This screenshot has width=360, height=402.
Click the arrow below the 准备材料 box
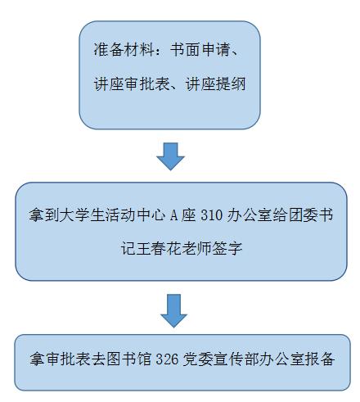point(170,156)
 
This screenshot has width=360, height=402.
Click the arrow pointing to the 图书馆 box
point(173,310)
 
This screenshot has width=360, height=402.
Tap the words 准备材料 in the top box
point(124,49)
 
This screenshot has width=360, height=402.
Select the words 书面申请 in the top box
point(200,49)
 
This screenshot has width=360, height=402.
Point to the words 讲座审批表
point(132,84)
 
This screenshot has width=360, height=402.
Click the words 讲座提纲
point(215,84)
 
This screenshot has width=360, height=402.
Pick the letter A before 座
point(174,215)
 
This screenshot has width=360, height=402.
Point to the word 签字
point(227,248)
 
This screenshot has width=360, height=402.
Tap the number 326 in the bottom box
point(167,359)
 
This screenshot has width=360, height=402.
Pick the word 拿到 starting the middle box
point(44,215)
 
